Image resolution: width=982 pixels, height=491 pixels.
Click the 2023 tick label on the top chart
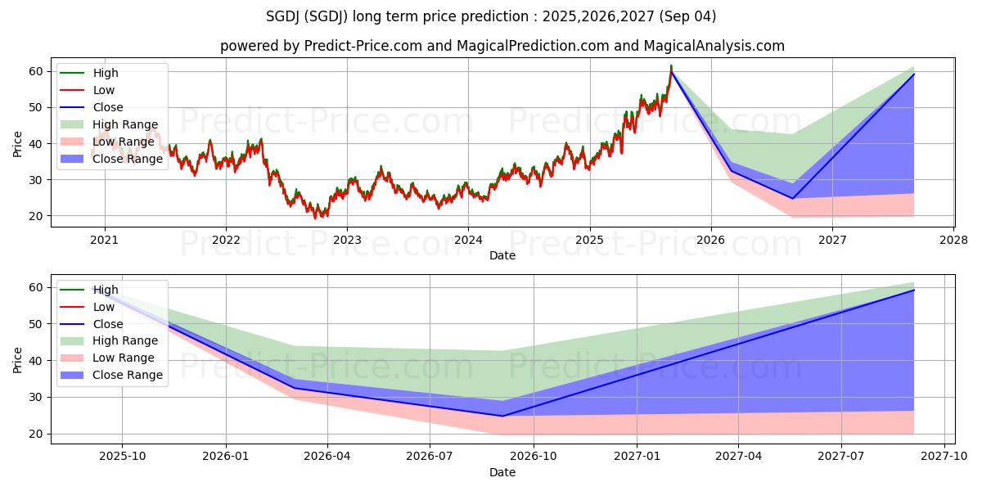(346, 240)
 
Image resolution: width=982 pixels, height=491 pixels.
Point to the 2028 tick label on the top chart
(953, 240)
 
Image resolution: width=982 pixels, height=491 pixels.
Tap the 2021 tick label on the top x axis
(104, 240)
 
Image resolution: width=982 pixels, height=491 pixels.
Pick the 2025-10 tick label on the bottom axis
(123, 457)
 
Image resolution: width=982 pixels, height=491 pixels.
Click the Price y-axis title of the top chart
(18, 143)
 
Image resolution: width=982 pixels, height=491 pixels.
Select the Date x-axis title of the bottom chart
(502, 472)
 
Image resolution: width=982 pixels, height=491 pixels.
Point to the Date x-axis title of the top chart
(502, 255)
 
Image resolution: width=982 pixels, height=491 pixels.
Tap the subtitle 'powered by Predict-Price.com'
(502, 46)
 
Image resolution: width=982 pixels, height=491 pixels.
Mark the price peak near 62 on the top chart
(671, 65)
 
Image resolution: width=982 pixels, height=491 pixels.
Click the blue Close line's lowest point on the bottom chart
(502, 416)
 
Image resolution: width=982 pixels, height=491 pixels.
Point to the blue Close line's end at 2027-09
(913, 290)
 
